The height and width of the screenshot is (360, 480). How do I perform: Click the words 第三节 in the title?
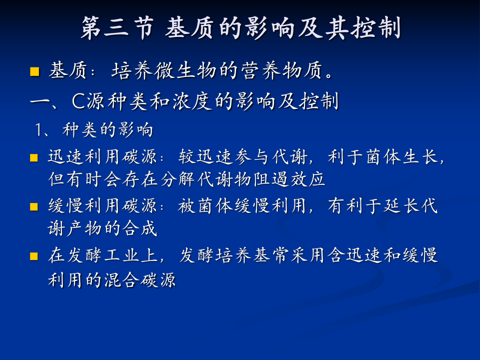point(116,28)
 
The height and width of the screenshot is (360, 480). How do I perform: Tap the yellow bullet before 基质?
point(34,71)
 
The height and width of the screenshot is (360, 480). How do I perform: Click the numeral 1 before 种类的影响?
point(39,130)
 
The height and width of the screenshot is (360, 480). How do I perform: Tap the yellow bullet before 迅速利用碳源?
point(34,158)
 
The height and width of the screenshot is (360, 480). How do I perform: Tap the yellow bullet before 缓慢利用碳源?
point(34,206)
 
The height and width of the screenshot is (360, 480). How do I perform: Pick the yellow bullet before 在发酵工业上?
point(34,256)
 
